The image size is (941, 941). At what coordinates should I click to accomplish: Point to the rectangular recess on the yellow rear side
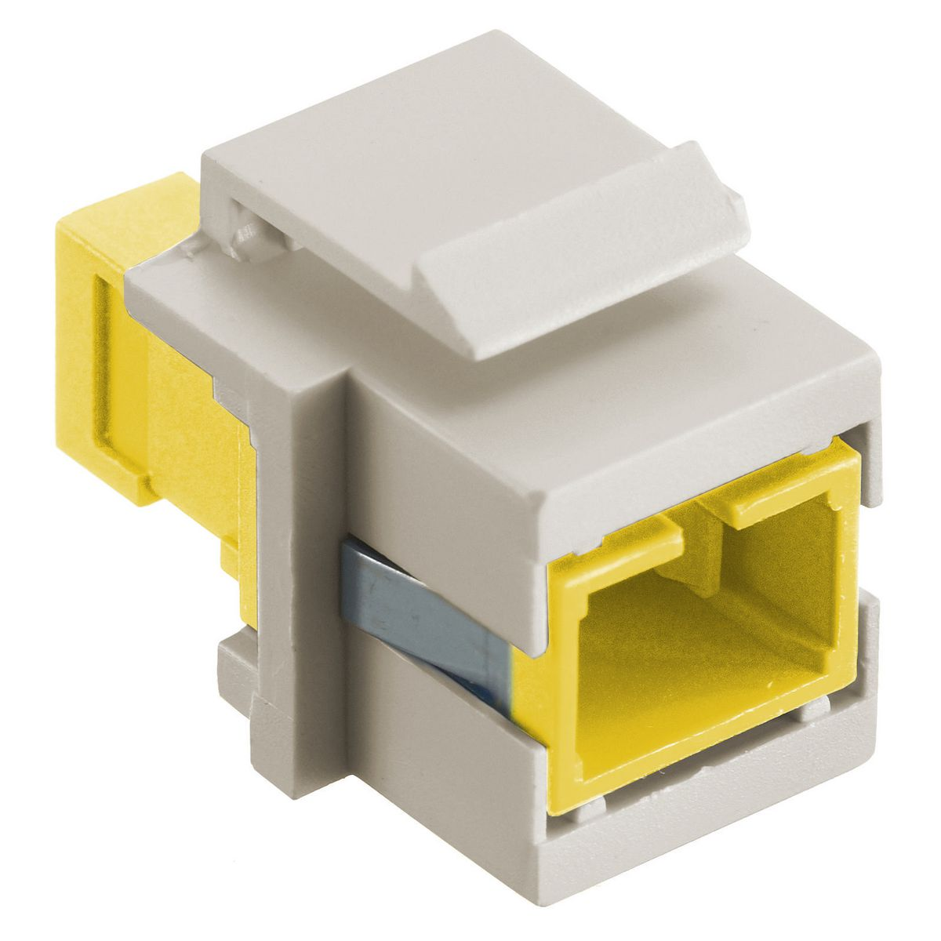click(118, 376)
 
